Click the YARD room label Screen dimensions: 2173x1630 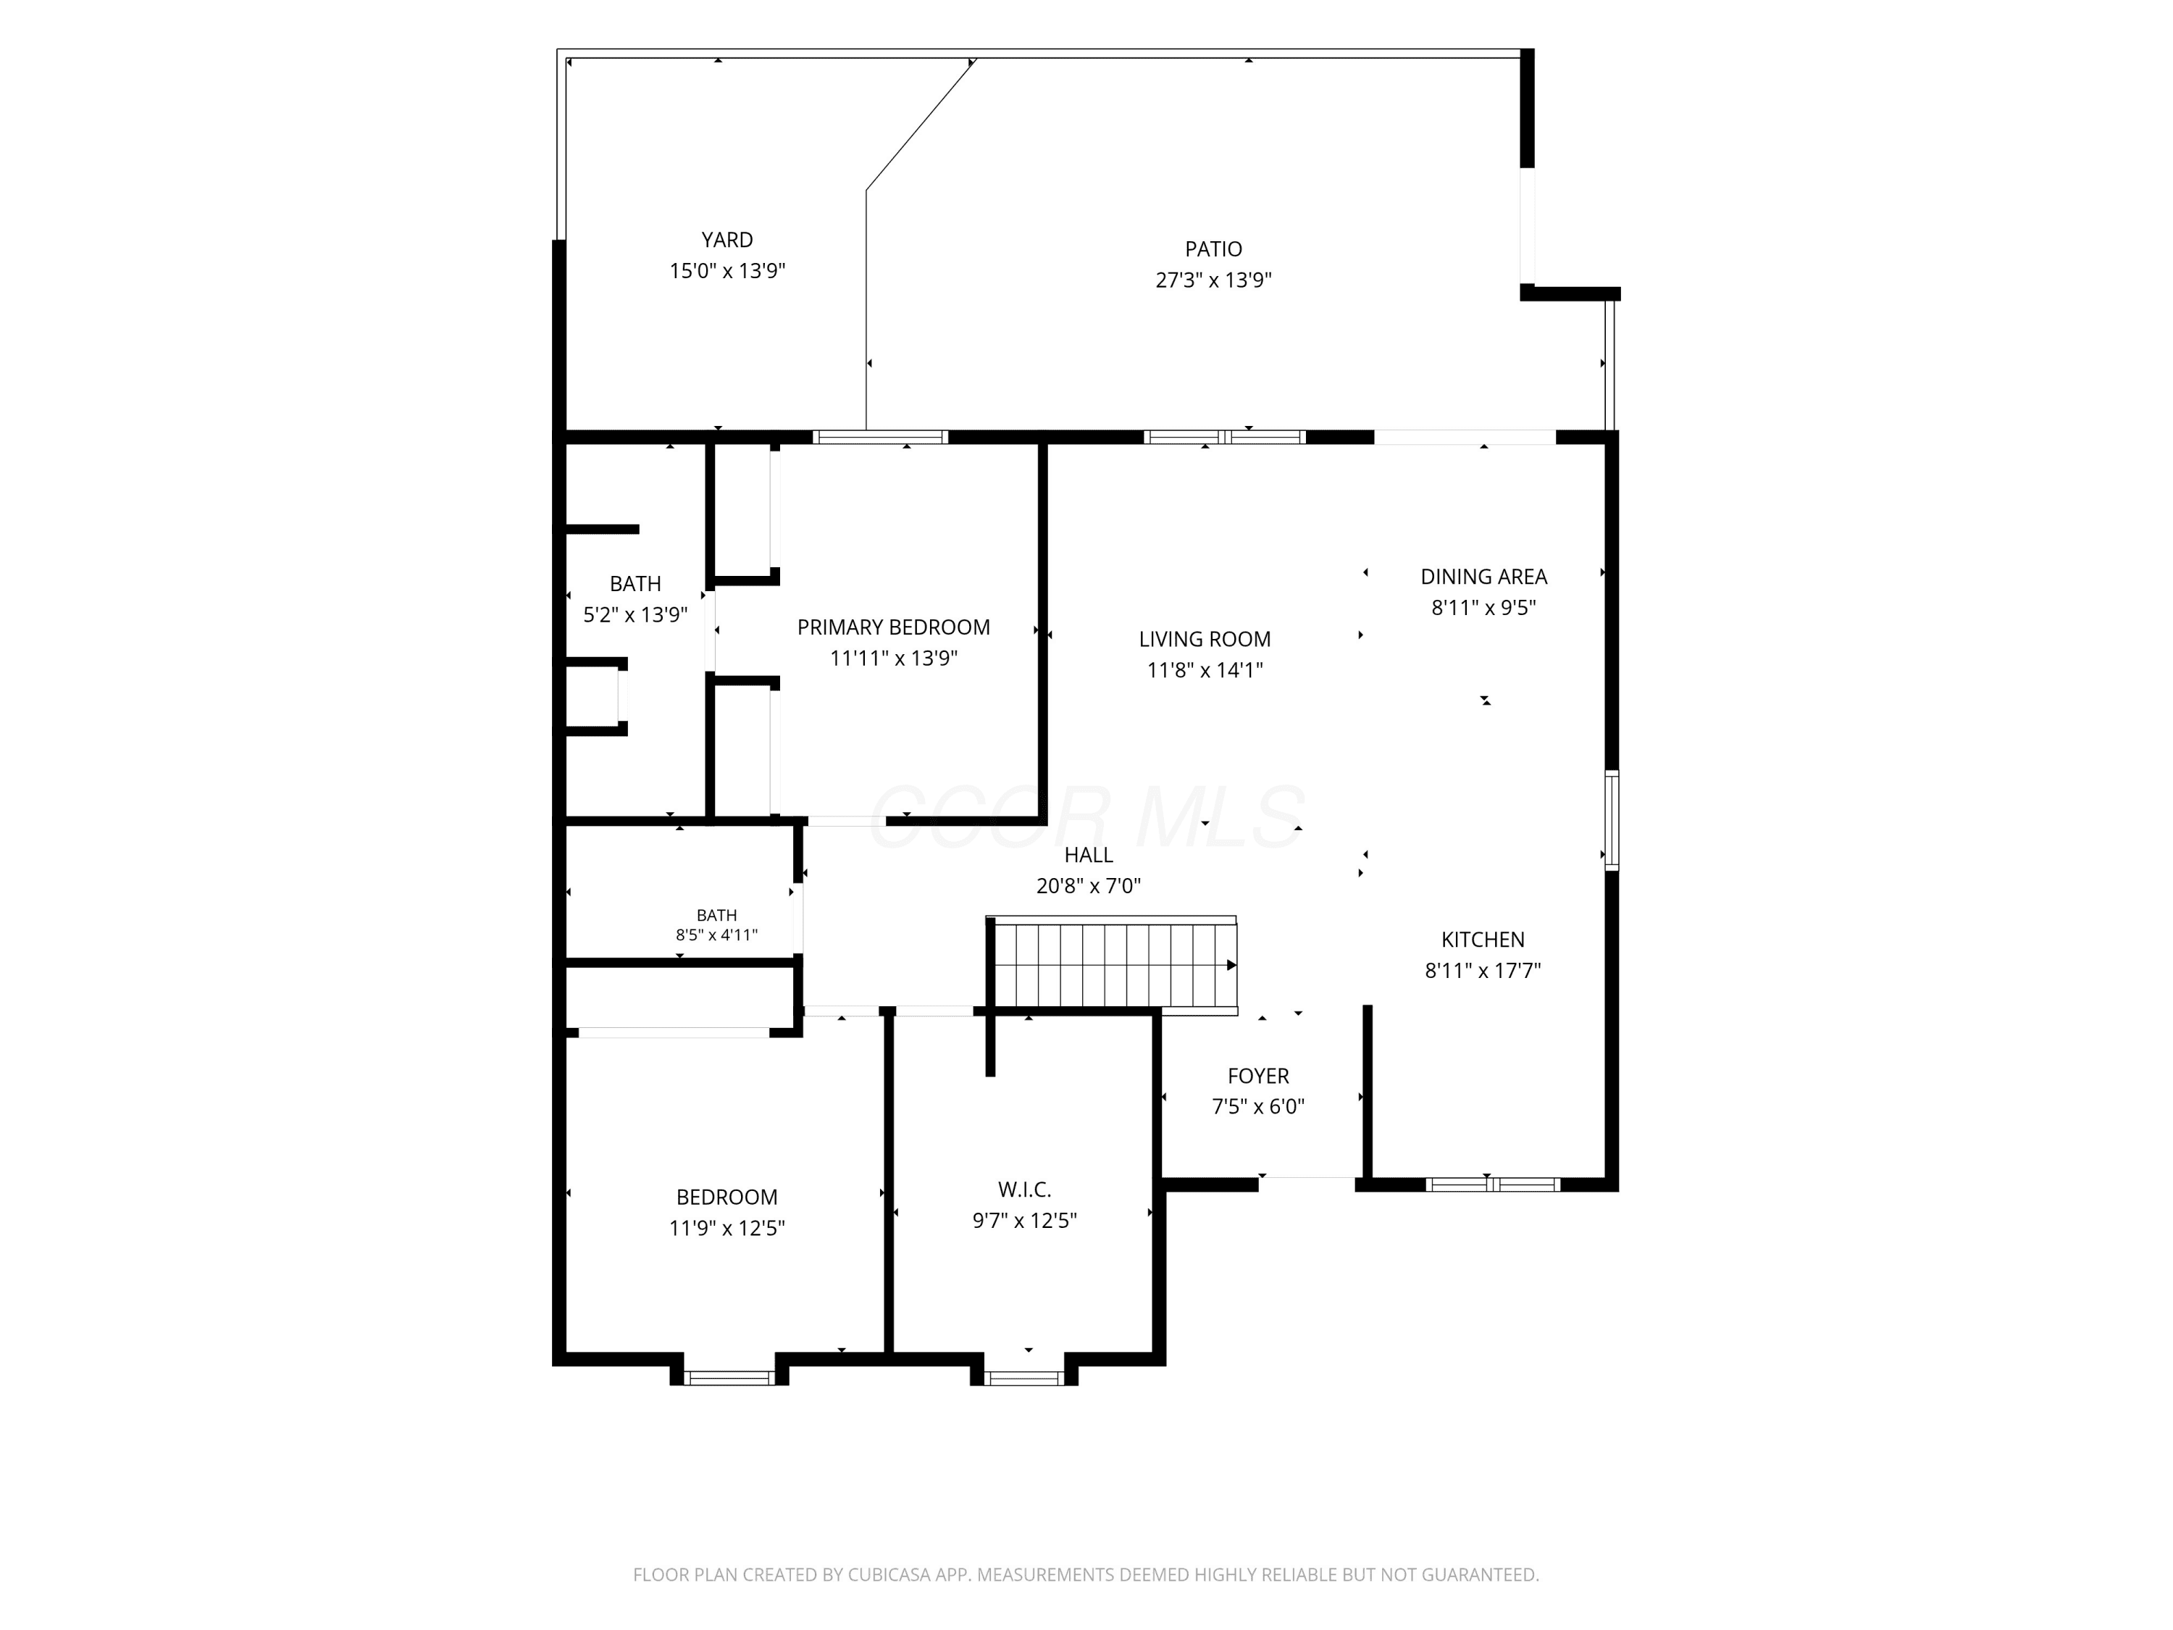(x=727, y=240)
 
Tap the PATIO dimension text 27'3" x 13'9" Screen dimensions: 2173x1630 (x=1213, y=280)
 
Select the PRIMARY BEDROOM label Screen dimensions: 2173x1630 (x=893, y=627)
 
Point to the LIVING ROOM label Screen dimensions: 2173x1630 (x=1205, y=639)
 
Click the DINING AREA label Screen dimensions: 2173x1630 (x=1483, y=577)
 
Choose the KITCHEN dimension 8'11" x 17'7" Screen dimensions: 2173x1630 (x=1483, y=971)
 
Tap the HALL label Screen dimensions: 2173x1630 (x=1089, y=855)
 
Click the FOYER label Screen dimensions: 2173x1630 (x=1257, y=1076)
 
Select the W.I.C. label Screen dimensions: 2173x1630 (x=1025, y=1190)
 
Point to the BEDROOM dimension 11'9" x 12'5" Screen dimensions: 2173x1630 (x=727, y=1228)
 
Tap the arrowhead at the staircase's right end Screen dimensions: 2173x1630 (x=1232, y=966)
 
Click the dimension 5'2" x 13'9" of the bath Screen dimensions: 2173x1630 (x=635, y=615)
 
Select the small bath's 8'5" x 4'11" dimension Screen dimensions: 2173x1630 (x=716, y=935)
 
